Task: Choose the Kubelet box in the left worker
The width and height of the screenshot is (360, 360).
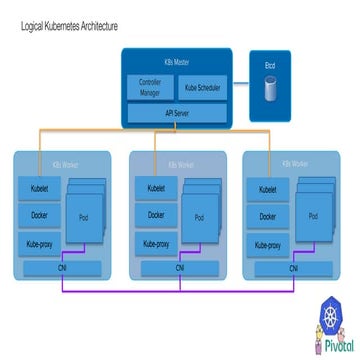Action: point(38,187)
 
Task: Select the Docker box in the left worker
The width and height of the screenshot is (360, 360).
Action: point(38,214)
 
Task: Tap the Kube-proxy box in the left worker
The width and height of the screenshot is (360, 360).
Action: point(38,242)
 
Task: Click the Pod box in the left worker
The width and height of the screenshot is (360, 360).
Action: point(82,216)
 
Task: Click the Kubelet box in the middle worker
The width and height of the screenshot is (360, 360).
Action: point(156,187)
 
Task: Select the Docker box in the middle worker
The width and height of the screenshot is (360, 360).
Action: point(156,214)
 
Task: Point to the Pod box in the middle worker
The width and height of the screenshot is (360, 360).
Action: point(199,216)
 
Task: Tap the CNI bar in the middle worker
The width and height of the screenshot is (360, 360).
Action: point(180,267)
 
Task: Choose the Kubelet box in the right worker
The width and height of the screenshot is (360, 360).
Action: point(267,187)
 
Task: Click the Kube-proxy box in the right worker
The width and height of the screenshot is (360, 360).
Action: point(267,242)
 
